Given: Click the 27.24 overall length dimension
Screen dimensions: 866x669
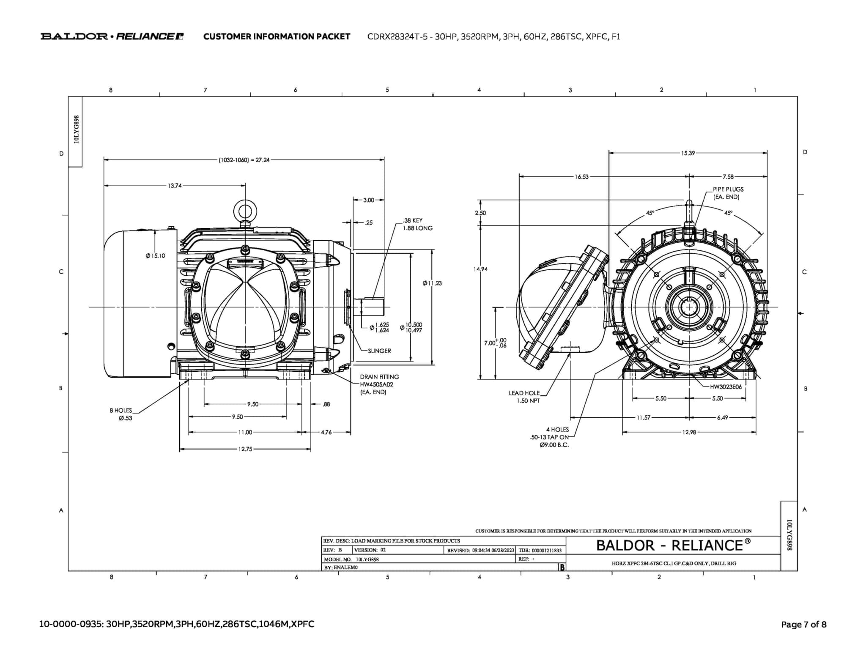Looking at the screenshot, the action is [244, 160].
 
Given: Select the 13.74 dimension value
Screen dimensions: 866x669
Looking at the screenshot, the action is [175, 186].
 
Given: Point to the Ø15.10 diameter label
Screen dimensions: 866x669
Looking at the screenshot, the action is [155, 256].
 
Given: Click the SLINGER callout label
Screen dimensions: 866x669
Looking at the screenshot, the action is [379, 351].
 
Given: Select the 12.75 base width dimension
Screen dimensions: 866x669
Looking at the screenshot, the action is [245, 449].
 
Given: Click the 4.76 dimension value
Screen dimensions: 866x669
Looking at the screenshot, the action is [326, 432].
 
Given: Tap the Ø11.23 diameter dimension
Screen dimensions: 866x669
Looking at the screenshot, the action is [432, 283].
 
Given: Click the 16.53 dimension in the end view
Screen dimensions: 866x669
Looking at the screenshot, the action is [581, 177].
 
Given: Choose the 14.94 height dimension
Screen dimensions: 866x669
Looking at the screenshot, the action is [481, 269].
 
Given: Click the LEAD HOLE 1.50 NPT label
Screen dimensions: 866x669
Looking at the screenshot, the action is [524, 397].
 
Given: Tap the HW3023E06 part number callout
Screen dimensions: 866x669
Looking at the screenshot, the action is [726, 387].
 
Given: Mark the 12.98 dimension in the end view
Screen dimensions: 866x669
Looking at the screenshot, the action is [689, 432].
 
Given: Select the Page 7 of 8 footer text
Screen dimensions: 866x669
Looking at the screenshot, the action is [803, 624].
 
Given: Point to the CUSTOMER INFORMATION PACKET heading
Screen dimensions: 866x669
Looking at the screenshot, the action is [277, 36].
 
